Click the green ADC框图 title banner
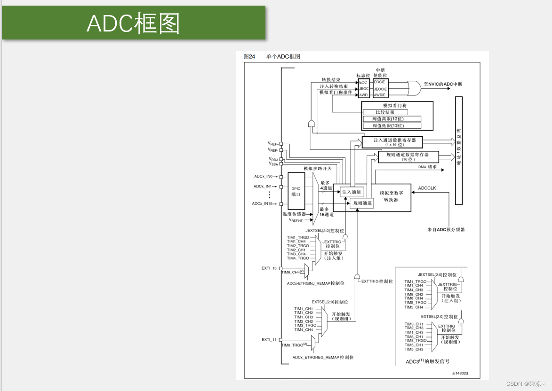pyautogui.click(x=134, y=23)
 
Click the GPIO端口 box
pyautogui.click(x=296, y=190)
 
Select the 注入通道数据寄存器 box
pyautogui.click(x=392, y=142)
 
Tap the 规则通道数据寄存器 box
pyautogui.click(x=408, y=156)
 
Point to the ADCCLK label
pyautogui.click(x=427, y=188)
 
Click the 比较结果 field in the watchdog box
pyautogui.click(x=384, y=112)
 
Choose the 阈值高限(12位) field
pyautogui.click(x=391, y=119)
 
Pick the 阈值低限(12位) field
pyautogui.click(x=391, y=126)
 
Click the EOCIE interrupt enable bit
pyautogui.click(x=380, y=82)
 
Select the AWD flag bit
pyautogui.click(x=364, y=95)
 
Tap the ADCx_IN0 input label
pyautogui.click(x=264, y=177)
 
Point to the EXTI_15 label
pyautogui.click(x=269, y=268)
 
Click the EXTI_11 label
pyautogui.click(x=269, y=339)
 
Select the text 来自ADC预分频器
pyautogui.click(x=446, y=230)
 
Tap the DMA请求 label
pyautogui.click(x=427, y=167)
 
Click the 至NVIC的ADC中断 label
pyautogui.click(x=443, y=84)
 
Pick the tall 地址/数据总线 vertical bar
pyautogui.click(x=458, y=150)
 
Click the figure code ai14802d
pyautogui.click(x=460, y=374)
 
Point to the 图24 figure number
pyautogui.click(x=249, y=56)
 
